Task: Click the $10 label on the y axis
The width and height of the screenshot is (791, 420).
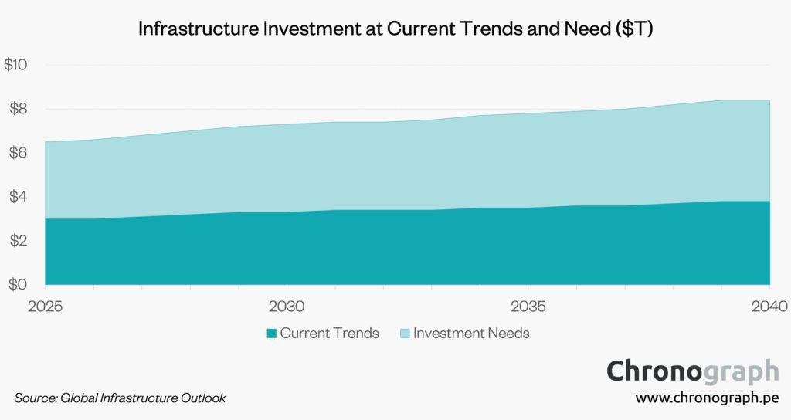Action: coord(16,66)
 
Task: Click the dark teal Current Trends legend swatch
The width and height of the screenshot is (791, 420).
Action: coord(271,334)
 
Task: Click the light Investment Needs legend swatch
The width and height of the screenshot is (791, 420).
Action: coord(404,334)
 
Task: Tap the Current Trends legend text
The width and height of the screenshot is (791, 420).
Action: coord(329,334)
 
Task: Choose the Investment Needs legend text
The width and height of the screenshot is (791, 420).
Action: coord(471,334)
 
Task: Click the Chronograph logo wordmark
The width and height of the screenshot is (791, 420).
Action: coord(692,371)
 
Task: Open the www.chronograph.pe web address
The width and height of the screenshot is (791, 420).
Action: coord(707,398)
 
